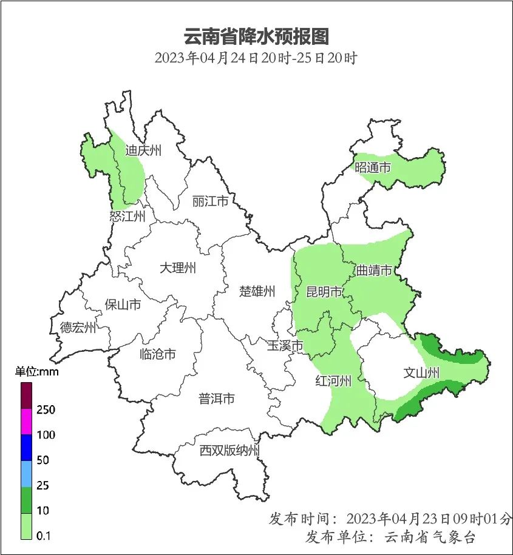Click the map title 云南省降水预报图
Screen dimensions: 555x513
coord(256,36)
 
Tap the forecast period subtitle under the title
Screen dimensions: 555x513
coord(256,59)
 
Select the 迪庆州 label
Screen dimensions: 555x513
coord(143,150)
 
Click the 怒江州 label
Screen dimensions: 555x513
coord(127,217)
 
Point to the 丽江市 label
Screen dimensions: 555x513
coord(210,201)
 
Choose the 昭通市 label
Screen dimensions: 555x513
coord(373,167)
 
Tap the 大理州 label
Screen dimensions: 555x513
coord(178,267)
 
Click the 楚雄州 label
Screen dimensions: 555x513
coord(257,291)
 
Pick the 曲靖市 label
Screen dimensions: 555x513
coord(373,270)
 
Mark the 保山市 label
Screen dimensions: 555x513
coord(123,304)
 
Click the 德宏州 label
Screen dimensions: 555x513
coord(78,328)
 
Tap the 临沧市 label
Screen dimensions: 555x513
coord(157,354)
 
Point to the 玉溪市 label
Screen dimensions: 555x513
coord(285,346)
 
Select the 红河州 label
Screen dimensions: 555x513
coord(333,381)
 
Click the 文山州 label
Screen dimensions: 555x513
coord(421,373)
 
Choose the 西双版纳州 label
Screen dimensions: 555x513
coord(230,451)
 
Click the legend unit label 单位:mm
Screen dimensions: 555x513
coord(36,372)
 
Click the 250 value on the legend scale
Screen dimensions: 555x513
coord(46,410)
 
